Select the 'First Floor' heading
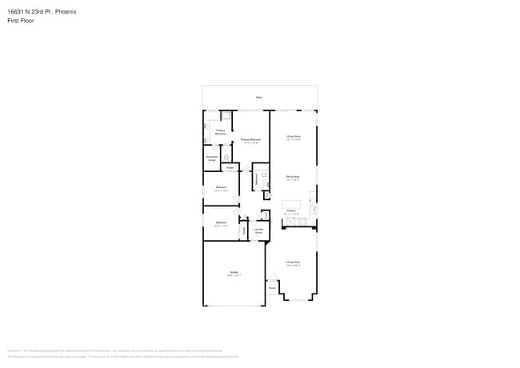pyautogui.click(x=21, y=21)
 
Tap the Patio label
pyautogui.click(x=259, y=97)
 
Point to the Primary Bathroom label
pyautogui.click(x=220, y=131)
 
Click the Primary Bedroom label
pyautogui.click(x=251, y=140)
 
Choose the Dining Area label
pyautogui.click(x=294, y=177)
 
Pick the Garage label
pyautogui.click(x=234, y=274)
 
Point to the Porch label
pyautogui.click(x=272, y=288)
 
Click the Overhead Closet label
pyautogui.click(x=212, y=159)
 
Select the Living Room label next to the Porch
pyautogui.click(x=294, y=262)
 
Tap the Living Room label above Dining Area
pyautogui.click(x=294, y=137)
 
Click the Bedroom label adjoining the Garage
pyautogui.click(x=221, y=224)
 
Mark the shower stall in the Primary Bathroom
pyautogui.click(x=226, y=116)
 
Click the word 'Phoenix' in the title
pyautogui.click(x=66, y=11)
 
